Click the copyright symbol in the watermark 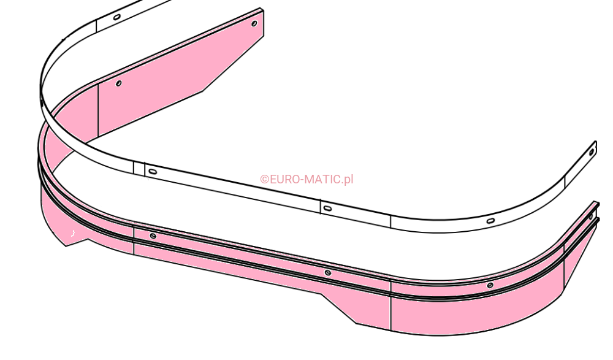point(265,180)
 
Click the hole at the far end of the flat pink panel point(254,23)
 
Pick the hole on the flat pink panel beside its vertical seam point(118,83)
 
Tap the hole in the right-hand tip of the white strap point(592,151)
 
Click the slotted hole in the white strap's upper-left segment point(116,17)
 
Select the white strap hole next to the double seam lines point(152,171)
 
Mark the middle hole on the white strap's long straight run point(327,208)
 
